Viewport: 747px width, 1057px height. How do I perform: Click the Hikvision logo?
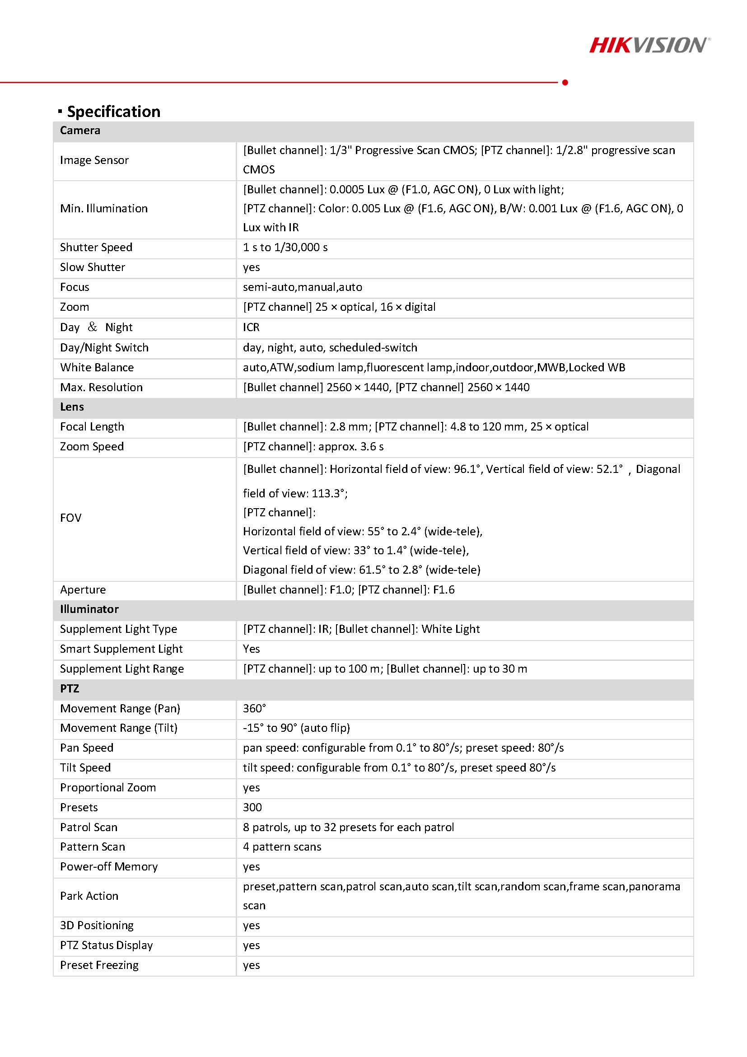tap(649, 45)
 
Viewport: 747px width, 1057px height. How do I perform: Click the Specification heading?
tap(113, 112)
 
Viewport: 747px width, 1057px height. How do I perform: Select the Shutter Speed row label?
tap(96, 247)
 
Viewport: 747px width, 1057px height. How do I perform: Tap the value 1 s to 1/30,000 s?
tap(285, 247)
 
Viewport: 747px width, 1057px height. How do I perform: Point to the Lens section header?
tap(72, 407)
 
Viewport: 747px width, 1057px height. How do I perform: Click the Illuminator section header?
tap(89, 609)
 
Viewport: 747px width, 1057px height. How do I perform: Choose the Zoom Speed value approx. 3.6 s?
tap(313, 447)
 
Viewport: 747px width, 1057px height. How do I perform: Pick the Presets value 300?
tap(252, 807)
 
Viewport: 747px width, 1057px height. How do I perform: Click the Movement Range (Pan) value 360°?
tap(255, 708)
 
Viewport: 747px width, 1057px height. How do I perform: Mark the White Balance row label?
tap(97, 367)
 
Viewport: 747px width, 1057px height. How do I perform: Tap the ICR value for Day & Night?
tap(251, 327)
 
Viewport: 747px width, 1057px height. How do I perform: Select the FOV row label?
tap(71, 518)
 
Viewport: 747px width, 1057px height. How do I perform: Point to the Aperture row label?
tap(83, 590)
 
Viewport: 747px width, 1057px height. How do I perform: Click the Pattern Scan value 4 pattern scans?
tap(282, 847)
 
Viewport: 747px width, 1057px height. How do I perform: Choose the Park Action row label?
tap(89, 896)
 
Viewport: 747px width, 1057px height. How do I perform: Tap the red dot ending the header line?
tap(565, 82)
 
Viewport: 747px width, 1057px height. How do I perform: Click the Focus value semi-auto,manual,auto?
tap(303, 287)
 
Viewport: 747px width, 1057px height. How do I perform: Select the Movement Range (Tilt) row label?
tap(119, 728)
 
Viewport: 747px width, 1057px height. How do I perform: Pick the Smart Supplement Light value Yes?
tap(251, 649)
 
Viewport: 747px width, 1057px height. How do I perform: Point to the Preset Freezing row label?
tap(99, 965)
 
